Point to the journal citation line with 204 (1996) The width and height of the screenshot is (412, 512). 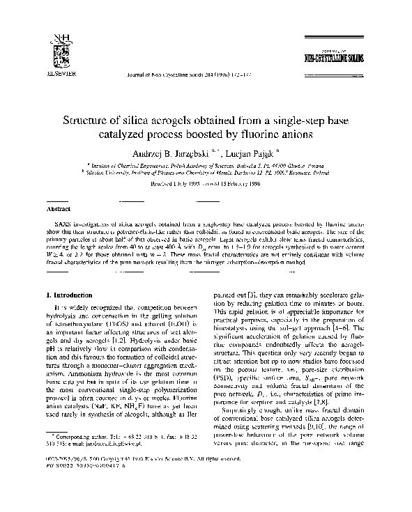[x=188, y=72]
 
